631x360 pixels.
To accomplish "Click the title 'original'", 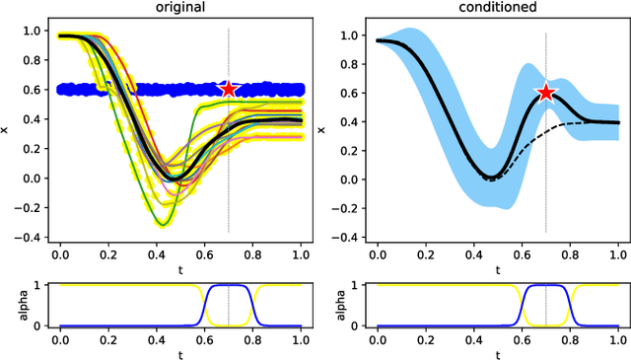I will (x=181, y=8).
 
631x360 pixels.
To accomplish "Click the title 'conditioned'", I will (x=497, y=8).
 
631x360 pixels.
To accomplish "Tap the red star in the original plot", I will (x=229, y=89).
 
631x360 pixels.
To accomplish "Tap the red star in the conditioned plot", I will (x=545, y=93).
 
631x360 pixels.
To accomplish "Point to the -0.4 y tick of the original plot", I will (x=33, y=238).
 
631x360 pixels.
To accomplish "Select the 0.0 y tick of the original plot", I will (x=36, y=179).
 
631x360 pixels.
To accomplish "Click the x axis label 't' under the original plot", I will (x=181, y=268).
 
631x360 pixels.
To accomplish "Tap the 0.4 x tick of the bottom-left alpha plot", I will (x=157, y=340).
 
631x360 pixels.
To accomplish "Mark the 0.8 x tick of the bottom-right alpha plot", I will (x=569, y=340).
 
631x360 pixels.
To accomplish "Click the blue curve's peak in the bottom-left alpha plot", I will (x=229, y=286).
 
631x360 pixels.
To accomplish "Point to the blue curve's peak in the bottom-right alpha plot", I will (x=545, y=286).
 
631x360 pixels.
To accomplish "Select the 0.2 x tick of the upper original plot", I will (x=108, y=254).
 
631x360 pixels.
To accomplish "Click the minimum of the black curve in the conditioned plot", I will (x=490, y=177).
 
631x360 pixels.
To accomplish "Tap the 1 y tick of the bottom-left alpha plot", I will (x=40, y=286).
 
